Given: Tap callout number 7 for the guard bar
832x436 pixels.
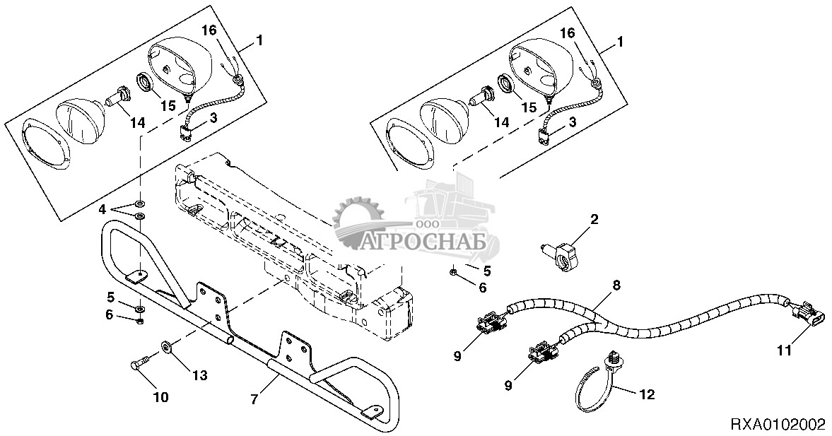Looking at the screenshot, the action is coord(254,399).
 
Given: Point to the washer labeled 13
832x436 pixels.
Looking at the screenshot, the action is coord(167,347).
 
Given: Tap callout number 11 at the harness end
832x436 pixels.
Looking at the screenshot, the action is coord(784,350).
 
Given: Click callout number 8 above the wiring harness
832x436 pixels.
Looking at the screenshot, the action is coord(616,284).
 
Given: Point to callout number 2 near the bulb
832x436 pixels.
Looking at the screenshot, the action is coord(594,219).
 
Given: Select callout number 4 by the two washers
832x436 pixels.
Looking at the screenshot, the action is coord(102,209).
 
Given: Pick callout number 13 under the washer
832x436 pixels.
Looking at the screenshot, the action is coord(199,375).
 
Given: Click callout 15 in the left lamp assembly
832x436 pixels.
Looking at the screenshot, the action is coord(168,105).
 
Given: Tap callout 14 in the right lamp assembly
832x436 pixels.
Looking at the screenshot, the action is coord(501,122).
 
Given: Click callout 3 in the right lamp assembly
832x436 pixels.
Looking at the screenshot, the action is coord(573,122).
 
